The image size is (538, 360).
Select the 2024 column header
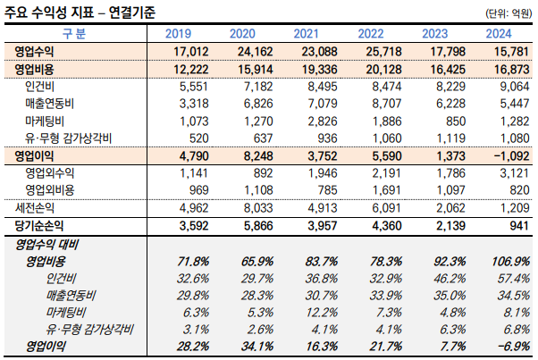tap(505, 33)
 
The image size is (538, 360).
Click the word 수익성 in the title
tap(75, 12)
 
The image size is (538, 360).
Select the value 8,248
tap(245, 155)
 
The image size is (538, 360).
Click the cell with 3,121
tap(506, 172)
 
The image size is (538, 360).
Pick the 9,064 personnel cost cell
tap(506, 86)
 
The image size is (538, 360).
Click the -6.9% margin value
tap(505, 346)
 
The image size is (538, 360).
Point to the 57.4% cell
tap(506, 278)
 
